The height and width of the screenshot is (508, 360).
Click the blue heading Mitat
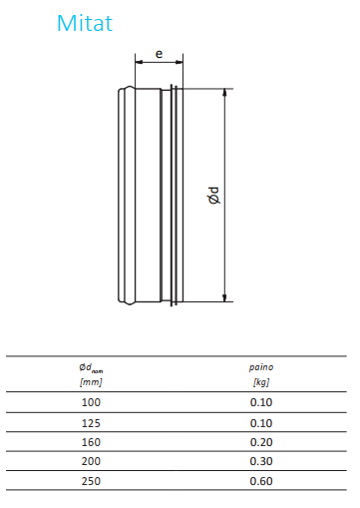tap(85, 23)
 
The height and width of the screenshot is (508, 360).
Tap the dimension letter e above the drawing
tap(160, 54)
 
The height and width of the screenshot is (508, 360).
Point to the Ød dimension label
tap(213, 196)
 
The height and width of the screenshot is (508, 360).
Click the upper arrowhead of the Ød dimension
tap(224, 93)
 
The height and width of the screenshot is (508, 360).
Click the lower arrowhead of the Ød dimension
tap(224, 298)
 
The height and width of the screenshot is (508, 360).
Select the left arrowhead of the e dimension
tap(139, 62)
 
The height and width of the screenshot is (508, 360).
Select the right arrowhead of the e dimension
tap(180, 62)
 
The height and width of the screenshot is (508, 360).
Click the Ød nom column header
tap(91, 368)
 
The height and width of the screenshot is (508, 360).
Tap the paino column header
tap(261, 367)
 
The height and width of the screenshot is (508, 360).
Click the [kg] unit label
tap(261, 382)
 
